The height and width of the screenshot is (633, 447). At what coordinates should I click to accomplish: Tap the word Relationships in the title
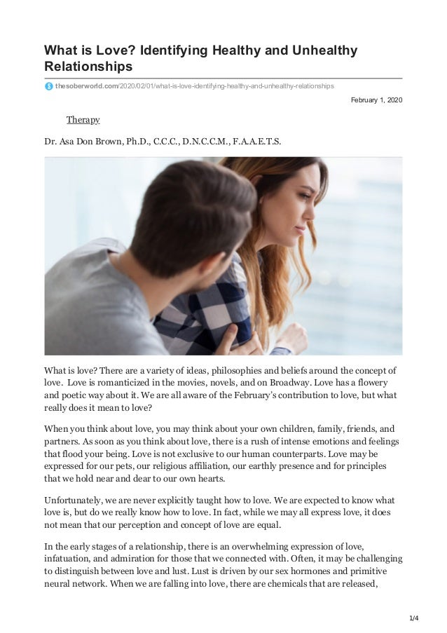[x=88, y=67]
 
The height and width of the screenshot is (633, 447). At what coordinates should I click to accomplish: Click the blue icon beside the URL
[x=48, y=86]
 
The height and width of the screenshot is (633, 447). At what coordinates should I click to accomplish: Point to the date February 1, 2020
[x=377, y=101]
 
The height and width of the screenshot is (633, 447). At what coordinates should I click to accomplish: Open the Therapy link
[x=83, y=120]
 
